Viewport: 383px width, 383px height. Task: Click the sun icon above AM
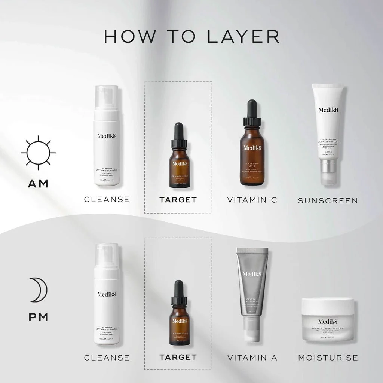[38, 153]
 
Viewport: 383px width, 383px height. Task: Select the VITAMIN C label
[252, 200]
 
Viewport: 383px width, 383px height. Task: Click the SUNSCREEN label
[328, 200]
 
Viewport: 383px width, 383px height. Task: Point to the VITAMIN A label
[252, 358]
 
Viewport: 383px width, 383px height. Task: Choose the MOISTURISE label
[328, 358]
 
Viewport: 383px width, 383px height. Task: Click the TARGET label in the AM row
[178, 200]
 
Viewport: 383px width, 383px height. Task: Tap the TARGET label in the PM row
[178, 357]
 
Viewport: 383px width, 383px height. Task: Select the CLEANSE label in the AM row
[107, 199]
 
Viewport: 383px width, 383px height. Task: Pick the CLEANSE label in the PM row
[107, 358]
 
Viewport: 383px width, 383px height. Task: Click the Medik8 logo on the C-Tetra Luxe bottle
[252, 147]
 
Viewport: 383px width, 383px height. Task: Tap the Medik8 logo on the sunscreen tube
[328, 110]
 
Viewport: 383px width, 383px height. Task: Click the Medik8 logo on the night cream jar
[327, 321]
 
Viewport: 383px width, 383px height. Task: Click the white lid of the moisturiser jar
[328, 306]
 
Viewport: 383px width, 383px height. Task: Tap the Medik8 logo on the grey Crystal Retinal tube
[252, 274]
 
